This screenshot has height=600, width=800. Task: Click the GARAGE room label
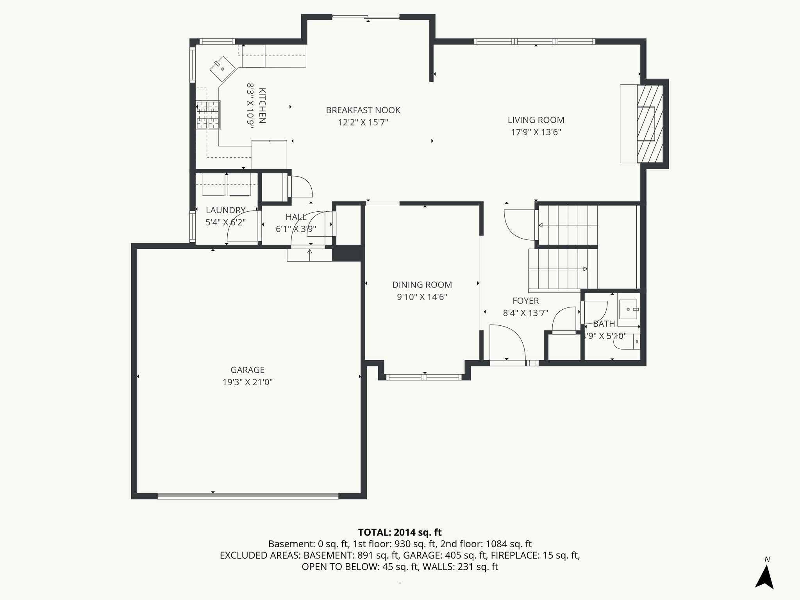tap(247, 370)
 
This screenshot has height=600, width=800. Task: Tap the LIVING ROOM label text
tap(536, 120)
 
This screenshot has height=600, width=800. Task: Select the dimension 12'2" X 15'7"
tap(363, 123)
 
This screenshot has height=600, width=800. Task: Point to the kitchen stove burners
tap(208, 115)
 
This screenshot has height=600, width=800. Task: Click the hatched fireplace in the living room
tap(650, 124)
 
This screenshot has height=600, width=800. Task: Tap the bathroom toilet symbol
tap(627, 342)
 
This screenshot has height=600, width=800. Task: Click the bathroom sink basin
tap(628, 309)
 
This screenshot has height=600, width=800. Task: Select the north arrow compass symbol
tap(764, 577)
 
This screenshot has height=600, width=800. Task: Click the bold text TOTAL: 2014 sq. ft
tap(400, 532)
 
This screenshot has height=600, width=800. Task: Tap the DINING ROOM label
tap(422, 285)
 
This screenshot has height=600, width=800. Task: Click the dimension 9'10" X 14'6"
tap(422, 297)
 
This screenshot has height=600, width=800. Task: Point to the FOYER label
tap(525, 301)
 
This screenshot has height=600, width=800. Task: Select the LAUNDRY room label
tap(225, 210)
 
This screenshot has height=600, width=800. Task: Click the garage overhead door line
tap(248, 496)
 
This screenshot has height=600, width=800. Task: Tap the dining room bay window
tap(424, 377)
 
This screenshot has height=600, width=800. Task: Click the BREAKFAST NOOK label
tap(363, 111)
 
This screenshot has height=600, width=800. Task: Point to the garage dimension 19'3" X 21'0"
tap(247, 382)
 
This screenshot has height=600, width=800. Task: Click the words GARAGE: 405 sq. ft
tap(445, 555)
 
